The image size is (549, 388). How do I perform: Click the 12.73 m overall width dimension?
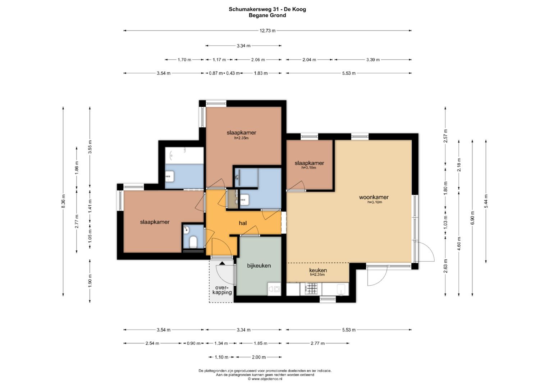click(x=267, y=31)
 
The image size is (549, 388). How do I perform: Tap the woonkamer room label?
click(x=374, y=197)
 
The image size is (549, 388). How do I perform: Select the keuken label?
click(x=318, y=270)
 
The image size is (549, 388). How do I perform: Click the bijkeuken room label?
click(x=259, y=265)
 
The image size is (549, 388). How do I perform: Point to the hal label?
click(x=243, y=223)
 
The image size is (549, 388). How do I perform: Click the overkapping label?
click(x=222, y=290)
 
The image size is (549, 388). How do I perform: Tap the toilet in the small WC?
click(x=193, y=242)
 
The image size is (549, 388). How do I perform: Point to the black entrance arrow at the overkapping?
click(x=222, y=263)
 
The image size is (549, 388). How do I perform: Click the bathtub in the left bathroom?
click(x=184, y=155)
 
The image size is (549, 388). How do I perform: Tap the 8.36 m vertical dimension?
click(x=63, y=201)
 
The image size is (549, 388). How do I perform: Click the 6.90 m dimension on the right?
click(x=472, y=218)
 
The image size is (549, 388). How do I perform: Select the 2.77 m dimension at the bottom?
click(x=317, y=343)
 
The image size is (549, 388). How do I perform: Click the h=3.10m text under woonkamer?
click(x=375, y=202)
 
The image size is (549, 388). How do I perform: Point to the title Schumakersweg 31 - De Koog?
click(x=267, y=9)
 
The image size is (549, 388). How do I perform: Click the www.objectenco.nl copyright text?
click(x=265, y=379)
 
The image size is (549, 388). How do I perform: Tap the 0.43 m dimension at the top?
click(x=233, y=73)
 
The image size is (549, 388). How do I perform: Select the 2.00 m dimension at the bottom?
click(x=259, y=357)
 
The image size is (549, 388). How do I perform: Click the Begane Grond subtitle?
click(x=267, y=15)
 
